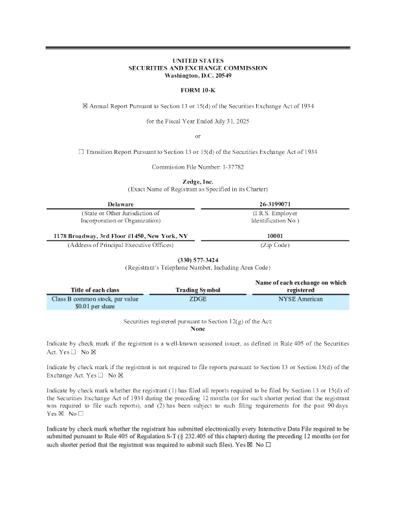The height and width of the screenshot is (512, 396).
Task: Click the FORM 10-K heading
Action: [x=198, y=89]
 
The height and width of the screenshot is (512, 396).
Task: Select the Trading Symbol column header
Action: [x=197, y=290]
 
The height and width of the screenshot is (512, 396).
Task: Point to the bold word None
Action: [x=198, y=328]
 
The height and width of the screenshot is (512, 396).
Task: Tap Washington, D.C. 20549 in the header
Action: [x=198, y=75]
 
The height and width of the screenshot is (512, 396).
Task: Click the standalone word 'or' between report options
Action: [x=198, y=136]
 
